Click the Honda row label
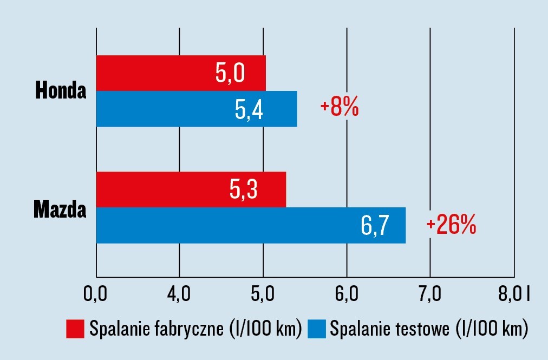coord(61,90)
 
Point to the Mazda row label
coord(60,208)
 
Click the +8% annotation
coord(340,108)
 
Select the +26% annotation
coord(451,225)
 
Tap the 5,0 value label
coord(231,73)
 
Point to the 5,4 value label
coord(249,109)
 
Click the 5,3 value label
coord(243,189)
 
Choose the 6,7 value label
coord(375,225)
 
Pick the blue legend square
coord(317,329)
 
